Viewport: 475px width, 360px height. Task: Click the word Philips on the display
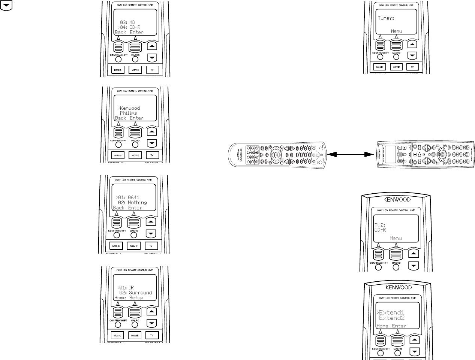[128, 113]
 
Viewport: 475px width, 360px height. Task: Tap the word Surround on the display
[140, 293]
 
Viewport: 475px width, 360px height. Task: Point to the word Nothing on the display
[137, 203]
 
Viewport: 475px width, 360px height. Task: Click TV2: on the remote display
[380, 226]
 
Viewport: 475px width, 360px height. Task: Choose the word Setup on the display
[136, 298]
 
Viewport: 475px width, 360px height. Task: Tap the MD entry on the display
[132, 22]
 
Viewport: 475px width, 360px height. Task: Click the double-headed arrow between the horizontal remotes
[351, 154]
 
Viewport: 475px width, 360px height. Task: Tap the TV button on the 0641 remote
[151, 246]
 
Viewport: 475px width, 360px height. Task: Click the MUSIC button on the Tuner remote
[380, 67]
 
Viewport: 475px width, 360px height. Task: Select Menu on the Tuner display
[396, 31]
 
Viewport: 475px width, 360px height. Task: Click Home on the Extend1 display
[382, 326]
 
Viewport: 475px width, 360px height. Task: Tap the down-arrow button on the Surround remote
[152, 323]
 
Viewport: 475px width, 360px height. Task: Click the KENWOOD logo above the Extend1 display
[399, 288]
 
